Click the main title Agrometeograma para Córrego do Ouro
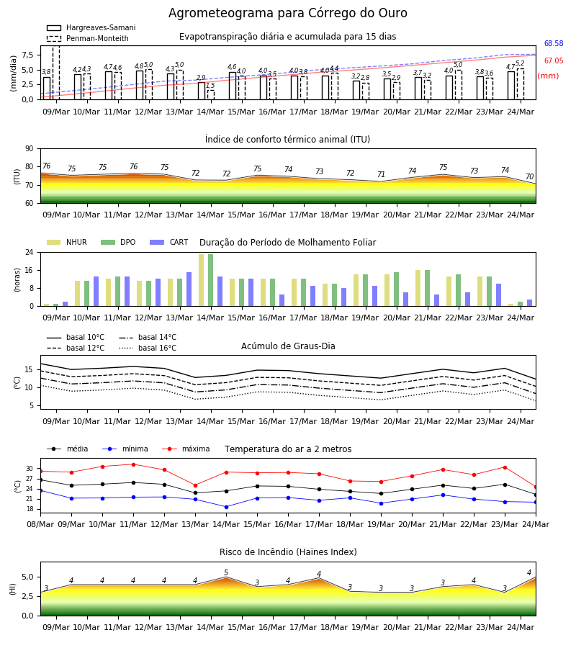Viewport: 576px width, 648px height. (287, 13)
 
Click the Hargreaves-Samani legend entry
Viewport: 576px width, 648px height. (91, 27)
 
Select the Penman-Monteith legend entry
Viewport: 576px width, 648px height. (88, 38)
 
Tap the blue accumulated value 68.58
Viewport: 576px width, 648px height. (554, 43)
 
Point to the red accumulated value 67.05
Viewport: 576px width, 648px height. (554, 60)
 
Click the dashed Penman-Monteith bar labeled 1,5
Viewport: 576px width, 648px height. (211, 94)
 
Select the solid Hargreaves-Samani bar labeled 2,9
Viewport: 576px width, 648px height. (202, 91)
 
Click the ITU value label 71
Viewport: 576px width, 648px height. (381, 174)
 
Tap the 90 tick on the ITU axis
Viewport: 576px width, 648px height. (30, 149)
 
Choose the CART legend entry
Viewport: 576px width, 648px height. (169, 242)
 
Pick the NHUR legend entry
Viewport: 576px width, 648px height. (66, 242)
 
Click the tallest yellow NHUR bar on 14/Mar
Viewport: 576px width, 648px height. (201, 280)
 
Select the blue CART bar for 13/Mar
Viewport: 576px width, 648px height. (189, 289)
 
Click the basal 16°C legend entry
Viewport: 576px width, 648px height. (148, 348)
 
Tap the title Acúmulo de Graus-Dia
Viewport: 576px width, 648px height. (288, 346)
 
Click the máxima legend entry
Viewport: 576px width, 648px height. (186, 449)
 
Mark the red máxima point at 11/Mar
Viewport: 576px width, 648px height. (133, 464)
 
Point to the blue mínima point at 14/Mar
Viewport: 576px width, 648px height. (226, 507)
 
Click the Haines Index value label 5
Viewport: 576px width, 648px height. (226, 573)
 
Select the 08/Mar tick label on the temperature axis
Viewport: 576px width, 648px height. (40, 524)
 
